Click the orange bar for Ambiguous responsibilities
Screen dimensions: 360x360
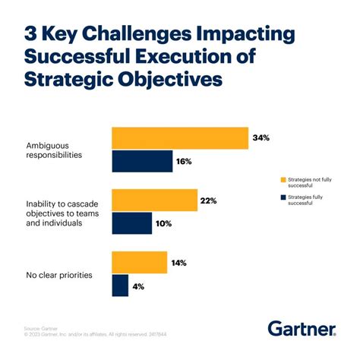coord(180,139)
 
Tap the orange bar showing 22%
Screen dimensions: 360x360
coord(154,201)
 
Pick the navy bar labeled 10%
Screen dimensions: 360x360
coord(132,223)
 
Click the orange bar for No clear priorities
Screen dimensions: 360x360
coord(139,262)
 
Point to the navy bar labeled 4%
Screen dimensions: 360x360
coord(120,285)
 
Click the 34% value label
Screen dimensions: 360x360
coord(262,139)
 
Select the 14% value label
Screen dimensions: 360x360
coord(180,262)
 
